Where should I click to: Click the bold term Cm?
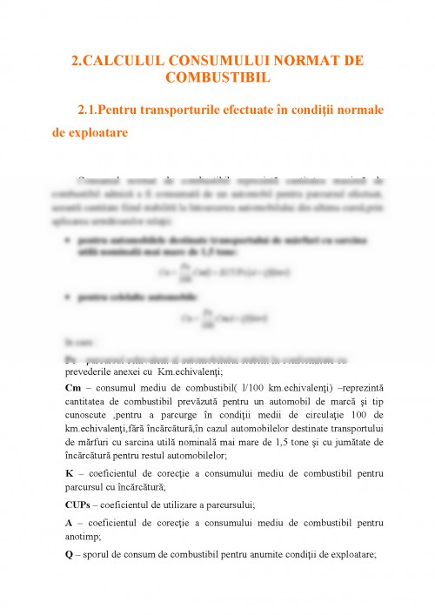pos(74,386)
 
